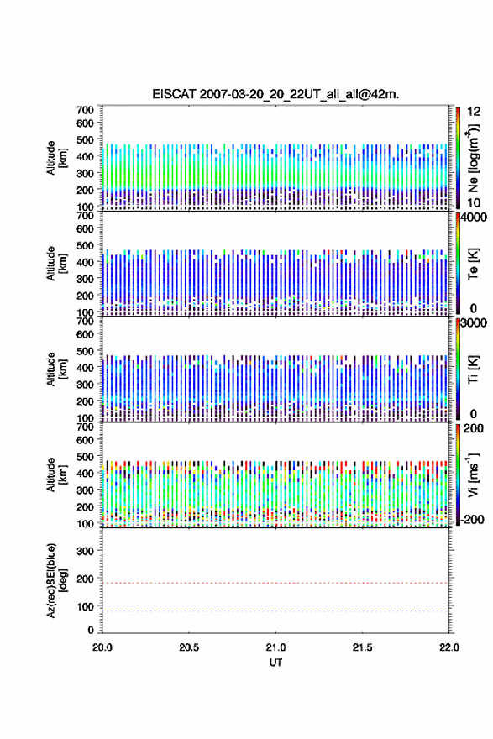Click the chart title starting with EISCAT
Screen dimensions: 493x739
click(275, 94)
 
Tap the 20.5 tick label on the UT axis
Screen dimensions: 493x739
click(188, 647)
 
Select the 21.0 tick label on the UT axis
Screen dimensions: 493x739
click(275, 647)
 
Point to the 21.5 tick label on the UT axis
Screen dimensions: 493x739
click(362, 647)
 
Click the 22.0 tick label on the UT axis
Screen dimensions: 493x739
click(449, 647)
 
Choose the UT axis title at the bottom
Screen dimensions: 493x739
click(275, 663)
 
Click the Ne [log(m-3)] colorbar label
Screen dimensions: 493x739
click(473, 159)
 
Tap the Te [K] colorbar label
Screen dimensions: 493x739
click(473, 264)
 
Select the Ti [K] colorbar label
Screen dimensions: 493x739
click(473, 369)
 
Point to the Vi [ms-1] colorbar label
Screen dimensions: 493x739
click(473, 475)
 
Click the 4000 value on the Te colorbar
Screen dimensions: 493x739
click(474, 218)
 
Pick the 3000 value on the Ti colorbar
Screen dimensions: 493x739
click(474, 322)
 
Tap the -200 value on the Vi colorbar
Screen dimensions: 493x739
click(473, 519)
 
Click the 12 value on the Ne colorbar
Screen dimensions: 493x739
click(475, 112)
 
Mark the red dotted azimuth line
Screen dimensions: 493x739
click(275, 583)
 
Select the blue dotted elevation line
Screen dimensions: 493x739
click(275, 611)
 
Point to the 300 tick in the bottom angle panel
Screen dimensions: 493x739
click(86, 551)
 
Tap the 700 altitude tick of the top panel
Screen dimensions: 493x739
click(86, 110)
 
